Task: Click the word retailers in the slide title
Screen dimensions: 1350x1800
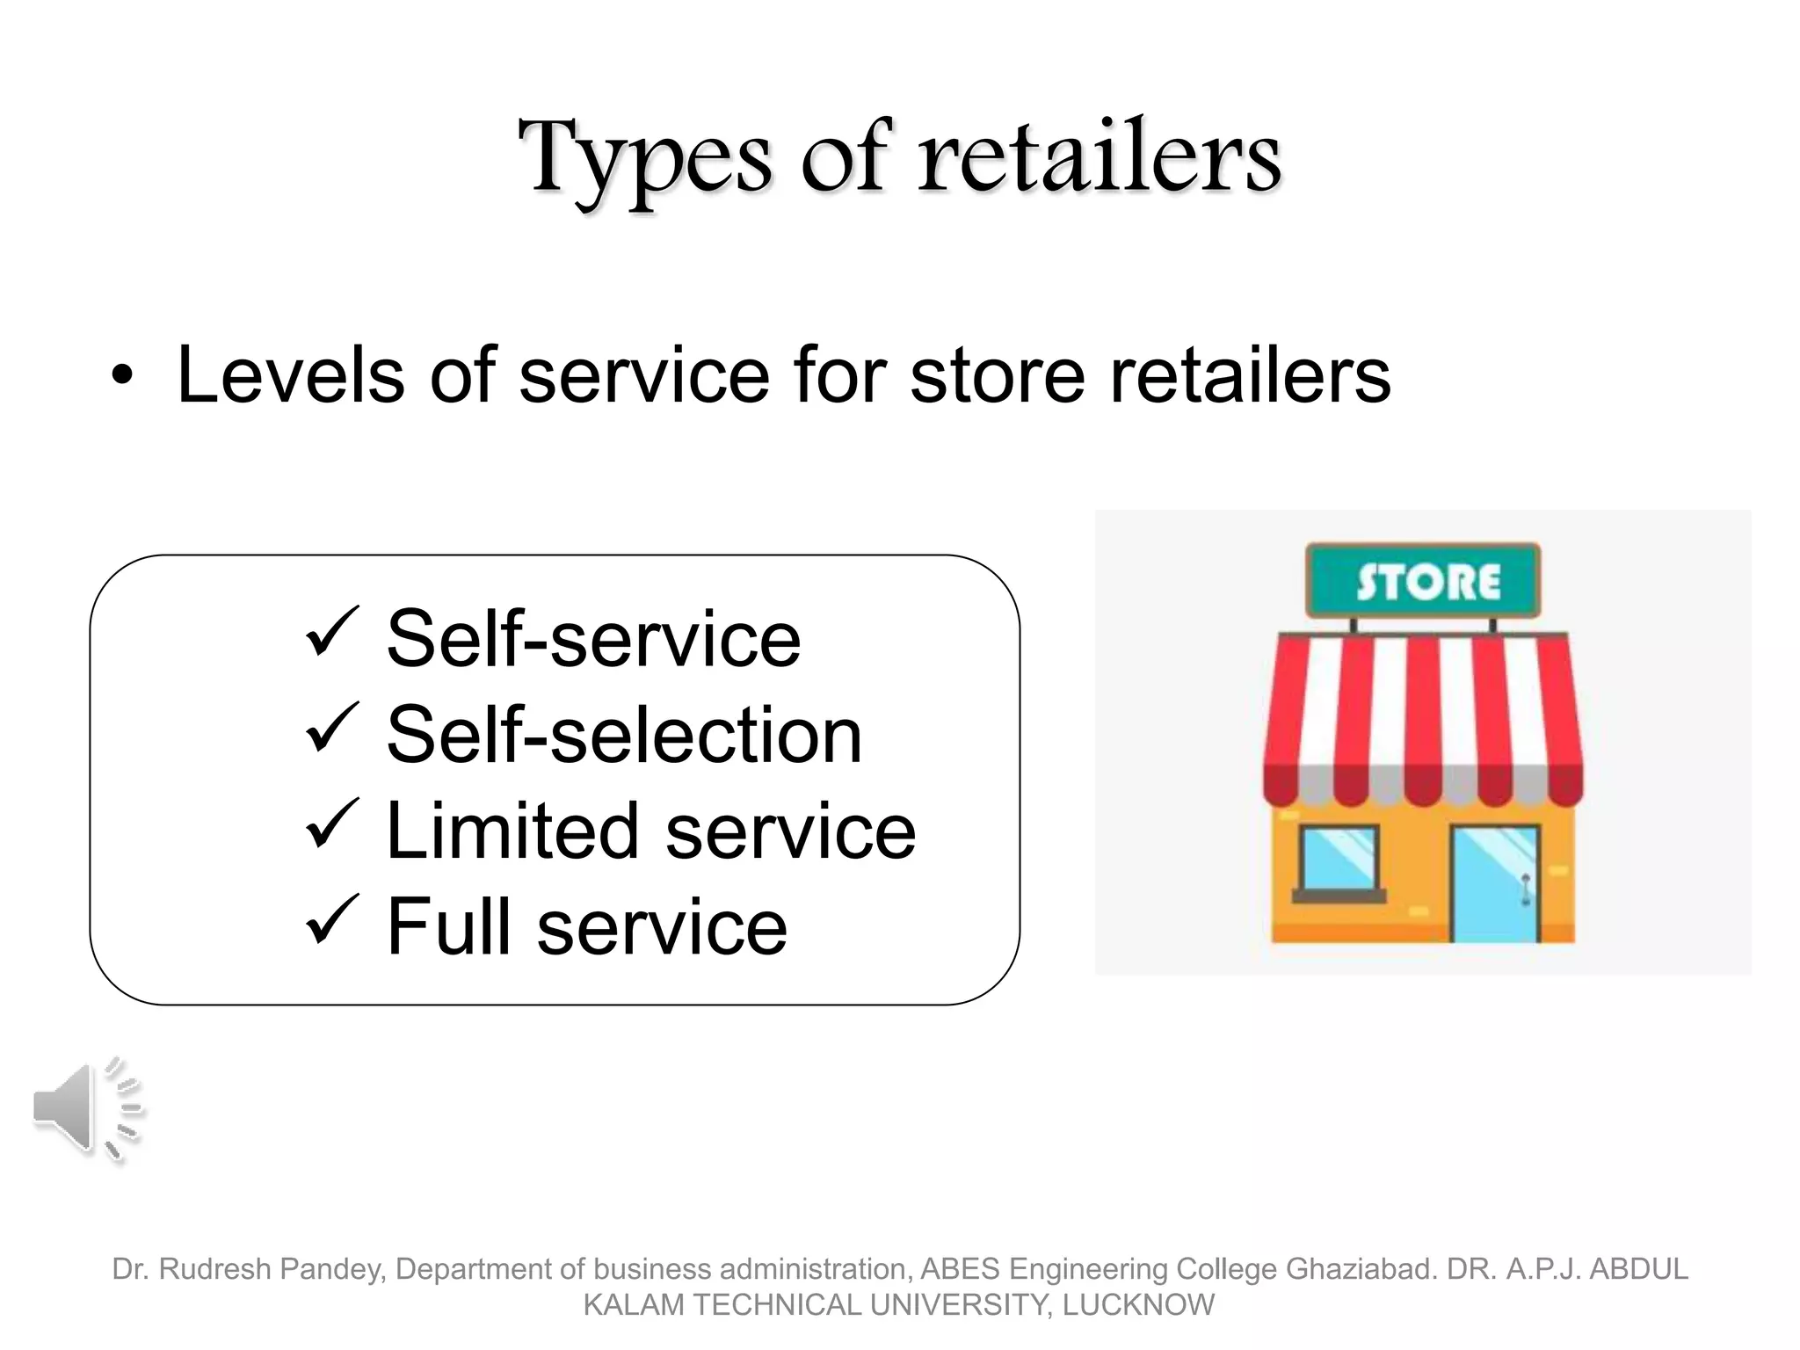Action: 1100,158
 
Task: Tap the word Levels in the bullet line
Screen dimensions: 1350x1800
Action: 290,375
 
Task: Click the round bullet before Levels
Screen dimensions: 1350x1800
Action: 123,378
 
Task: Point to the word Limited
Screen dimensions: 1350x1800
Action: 512,831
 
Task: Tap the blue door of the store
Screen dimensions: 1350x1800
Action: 1495,883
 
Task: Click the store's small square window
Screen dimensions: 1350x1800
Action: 1339,860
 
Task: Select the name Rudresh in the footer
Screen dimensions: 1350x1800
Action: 214,1269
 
